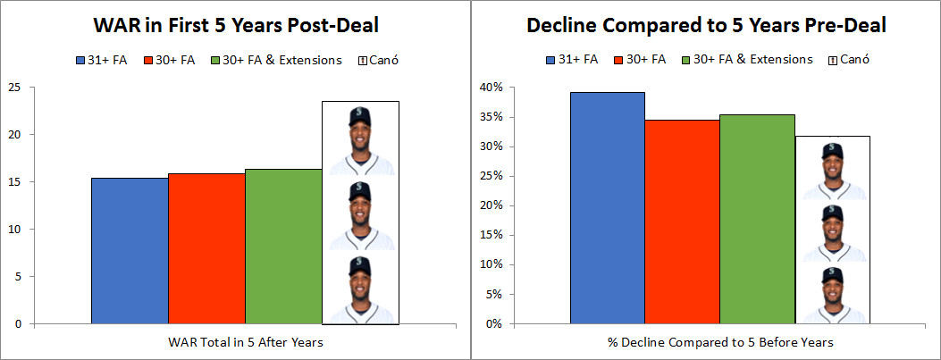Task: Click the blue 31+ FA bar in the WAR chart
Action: click(x=130, y=250)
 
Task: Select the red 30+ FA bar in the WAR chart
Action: click(x=206, y=248)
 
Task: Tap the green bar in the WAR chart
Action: click(x=283, y=246)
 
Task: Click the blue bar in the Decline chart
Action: click(x=608, y=207)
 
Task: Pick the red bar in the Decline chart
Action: click(x=683, y=222)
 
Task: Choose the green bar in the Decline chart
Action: click(x=758, y=219)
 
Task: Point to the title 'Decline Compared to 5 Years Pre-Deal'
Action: click(x=706, y=26)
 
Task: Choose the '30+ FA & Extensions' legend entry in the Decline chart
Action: click(x=747, y=60)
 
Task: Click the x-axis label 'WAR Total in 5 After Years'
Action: click(x=246, y=342)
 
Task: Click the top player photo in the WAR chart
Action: click(x=360, y=140)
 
